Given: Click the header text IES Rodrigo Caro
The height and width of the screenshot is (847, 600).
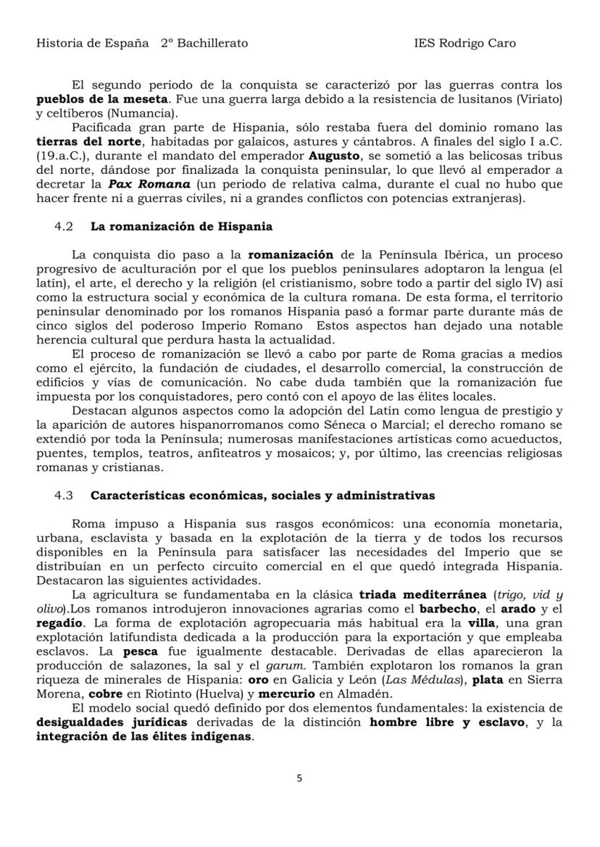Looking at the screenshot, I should pos(464,43).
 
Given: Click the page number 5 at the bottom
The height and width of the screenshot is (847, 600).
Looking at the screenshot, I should pos(300,779).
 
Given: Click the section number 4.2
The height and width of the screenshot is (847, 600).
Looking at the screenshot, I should pos(64,226).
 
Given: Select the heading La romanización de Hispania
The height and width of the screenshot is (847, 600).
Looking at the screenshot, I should pos(181,226).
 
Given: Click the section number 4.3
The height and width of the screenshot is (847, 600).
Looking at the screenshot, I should pos(64,496).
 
